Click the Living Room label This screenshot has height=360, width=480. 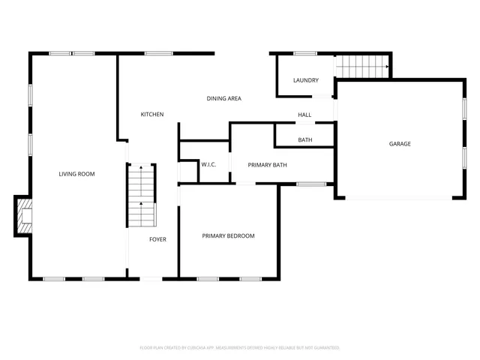(x=76, y=174)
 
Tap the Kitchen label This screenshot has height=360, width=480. (x=152, y=114)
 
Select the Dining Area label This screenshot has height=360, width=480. (x=223, y=98)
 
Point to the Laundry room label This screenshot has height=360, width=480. (x=305, y=80)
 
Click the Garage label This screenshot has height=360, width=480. (x=399, y=143)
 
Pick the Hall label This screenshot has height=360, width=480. (x=304, y=115)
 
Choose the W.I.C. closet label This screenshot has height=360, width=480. (x=208, y=164)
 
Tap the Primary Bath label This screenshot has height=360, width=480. (x=267, y=165)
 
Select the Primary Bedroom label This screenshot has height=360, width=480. (x=228, y=235)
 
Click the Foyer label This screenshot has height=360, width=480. (x=157, y=239)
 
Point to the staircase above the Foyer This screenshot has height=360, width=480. (x=141, y=195)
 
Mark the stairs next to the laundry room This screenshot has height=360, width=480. (x=362, y=67)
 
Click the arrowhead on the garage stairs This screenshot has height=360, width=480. (x=387, y=67)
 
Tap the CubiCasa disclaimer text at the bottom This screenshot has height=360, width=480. (x=240, y=348)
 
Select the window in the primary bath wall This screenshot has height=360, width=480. (x=311, y=184)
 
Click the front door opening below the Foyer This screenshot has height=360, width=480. (x=151, y=279)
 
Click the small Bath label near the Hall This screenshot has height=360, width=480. (x=305, y=140)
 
